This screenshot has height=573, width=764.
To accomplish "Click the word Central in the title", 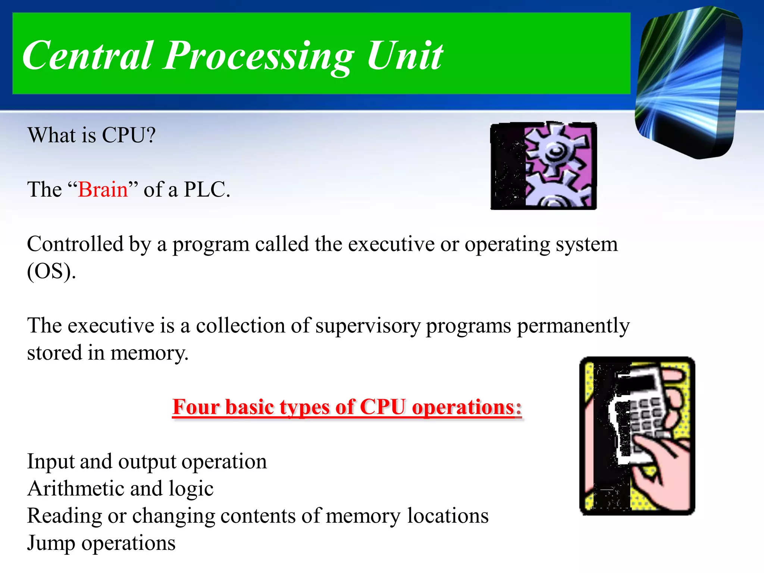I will coord(88,56).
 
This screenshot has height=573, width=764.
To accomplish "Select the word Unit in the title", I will coord(404,56).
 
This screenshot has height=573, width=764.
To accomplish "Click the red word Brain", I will coord(103,190).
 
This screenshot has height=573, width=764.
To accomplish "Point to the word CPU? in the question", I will coord(129,135).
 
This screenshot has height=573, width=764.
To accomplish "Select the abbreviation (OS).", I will coord(51,271).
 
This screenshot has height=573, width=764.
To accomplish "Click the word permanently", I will coord(573,326).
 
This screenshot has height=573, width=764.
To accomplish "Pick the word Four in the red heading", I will coord(195,407).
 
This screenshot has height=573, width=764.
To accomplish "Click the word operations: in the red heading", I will coord(466,407).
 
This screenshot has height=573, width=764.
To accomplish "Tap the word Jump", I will coord(51,543).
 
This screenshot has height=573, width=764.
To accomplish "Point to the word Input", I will coord(50,461).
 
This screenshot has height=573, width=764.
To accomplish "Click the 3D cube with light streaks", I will coord(688,82).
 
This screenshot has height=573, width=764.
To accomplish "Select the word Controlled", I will coord(75,244).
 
